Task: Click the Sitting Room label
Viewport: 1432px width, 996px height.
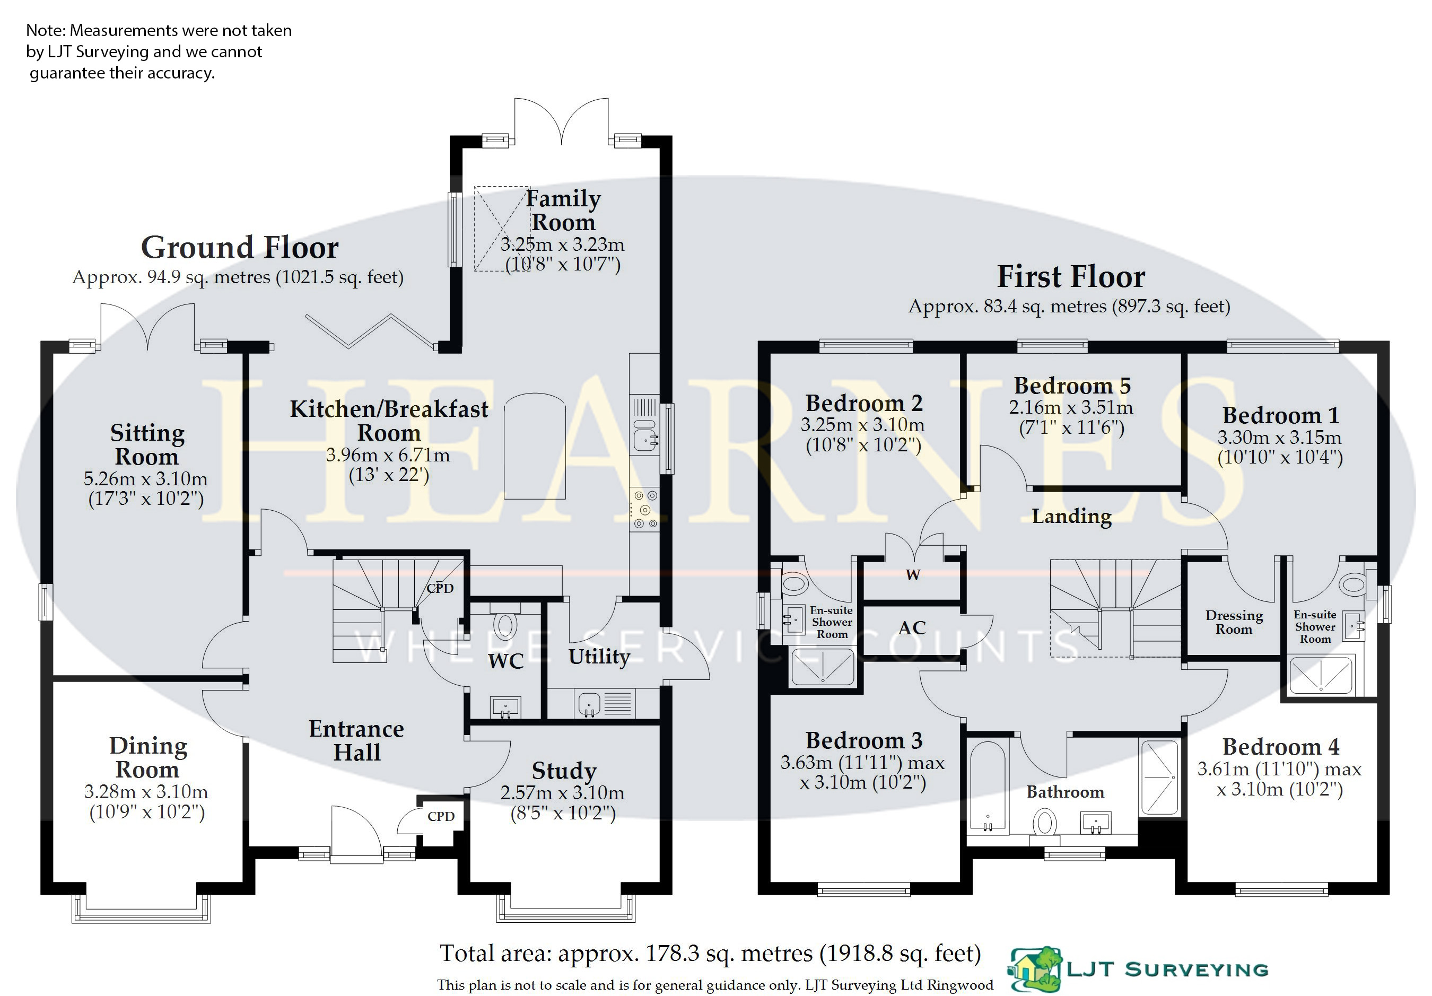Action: [x=147, y=444]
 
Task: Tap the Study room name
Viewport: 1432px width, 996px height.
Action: [x=564, y=771]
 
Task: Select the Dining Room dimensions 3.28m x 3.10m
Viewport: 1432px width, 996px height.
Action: [x=146, y=791]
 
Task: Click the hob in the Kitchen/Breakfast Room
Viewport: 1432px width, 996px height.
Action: [x=644, y=510]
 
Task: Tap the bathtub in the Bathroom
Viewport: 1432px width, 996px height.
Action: [x=988, y=787]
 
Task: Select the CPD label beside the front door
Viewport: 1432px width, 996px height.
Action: [x=441, y=816]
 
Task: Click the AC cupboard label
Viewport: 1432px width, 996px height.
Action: [x=912, y=627]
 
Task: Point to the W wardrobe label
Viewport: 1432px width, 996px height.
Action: [x=912, y=574]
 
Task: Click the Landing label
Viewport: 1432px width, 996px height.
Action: [x=1071, y=516]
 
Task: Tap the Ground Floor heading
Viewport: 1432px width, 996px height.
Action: [x=240, y=248]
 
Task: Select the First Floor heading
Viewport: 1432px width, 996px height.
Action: [x=1071, y=276]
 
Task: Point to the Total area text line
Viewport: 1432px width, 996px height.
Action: [x=710, y=954]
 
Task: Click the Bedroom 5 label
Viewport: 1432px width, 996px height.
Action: [x=1071, y=386]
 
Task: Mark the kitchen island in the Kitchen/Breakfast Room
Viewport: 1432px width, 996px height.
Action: [x=535, y=446]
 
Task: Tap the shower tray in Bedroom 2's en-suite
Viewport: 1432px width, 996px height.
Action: [x=823, y=667]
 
